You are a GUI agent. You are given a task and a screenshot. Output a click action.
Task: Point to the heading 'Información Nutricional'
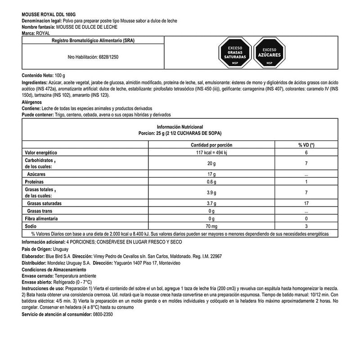point(180,127)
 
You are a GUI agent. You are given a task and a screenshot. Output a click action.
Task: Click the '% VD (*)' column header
point(306,145)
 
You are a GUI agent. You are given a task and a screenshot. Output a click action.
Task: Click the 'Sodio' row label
point(31,226)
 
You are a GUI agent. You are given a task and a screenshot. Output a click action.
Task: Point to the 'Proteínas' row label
point(34,181)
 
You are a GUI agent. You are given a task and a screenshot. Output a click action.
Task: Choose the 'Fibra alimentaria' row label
point(41,218)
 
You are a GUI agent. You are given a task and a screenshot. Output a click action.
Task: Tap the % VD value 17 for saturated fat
point(306,203)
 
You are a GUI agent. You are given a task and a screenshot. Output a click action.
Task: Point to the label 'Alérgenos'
point(33,103)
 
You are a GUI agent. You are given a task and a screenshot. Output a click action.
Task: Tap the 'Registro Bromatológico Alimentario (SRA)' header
point(93,40)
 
